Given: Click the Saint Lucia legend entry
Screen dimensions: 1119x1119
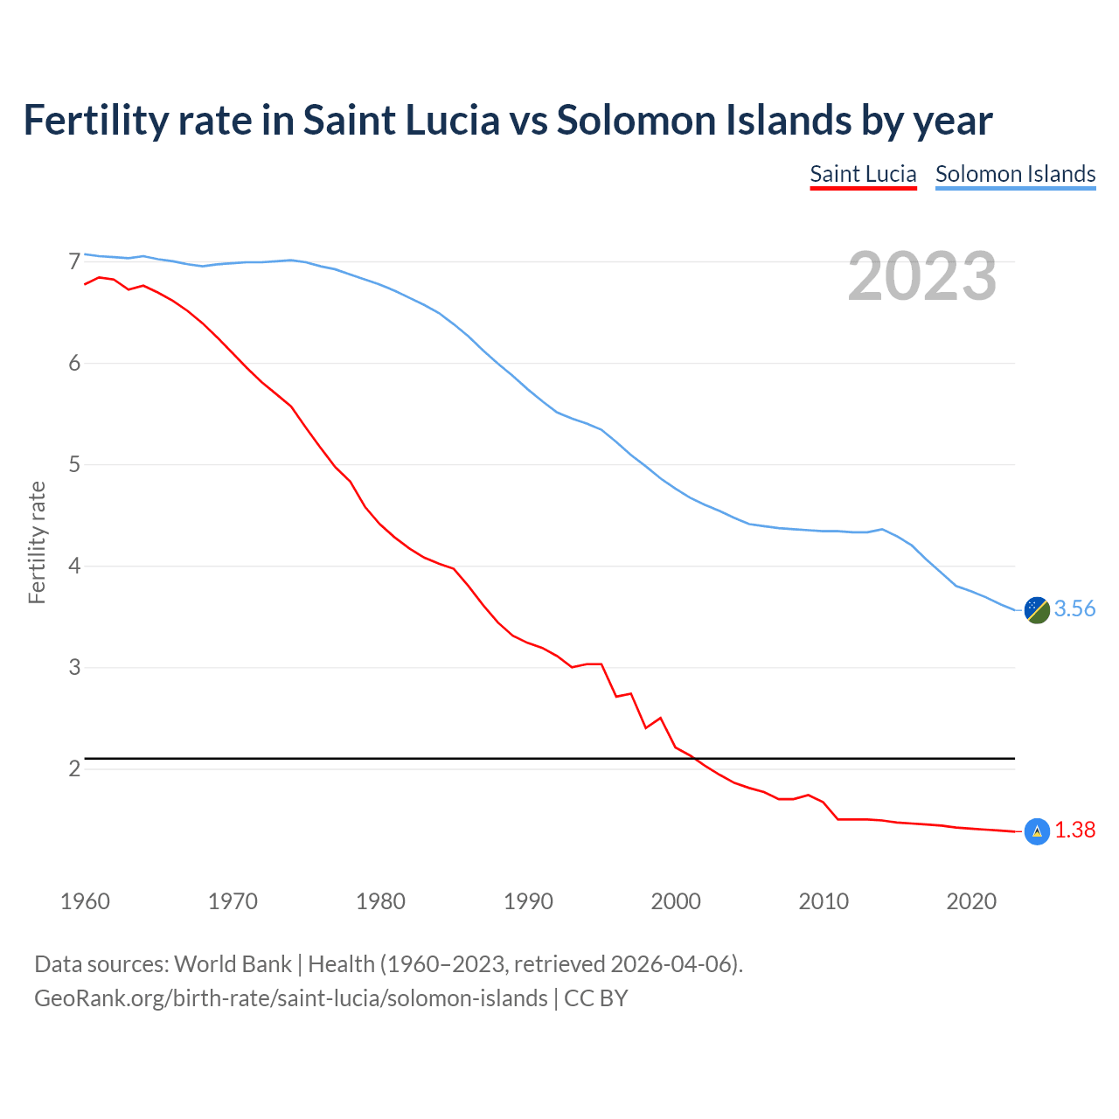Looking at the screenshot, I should pos(863,174).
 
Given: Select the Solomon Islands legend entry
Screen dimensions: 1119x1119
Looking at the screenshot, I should pos(1015,174).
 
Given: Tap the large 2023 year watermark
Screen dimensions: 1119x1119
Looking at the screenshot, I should pos(922,276).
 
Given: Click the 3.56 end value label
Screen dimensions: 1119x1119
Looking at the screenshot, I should pos(1074,609).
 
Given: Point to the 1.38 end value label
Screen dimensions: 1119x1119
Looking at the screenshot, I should pos(1074,831).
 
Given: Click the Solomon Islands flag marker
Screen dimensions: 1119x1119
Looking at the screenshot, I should pos(1037,610).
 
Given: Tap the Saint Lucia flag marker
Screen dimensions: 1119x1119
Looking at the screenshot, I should pos(1037,831).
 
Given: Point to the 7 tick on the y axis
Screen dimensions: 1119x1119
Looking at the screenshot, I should pos(74,262).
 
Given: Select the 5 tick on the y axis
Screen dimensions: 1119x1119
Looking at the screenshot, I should pos(74,465).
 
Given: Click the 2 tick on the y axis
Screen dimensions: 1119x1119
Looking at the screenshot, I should pos(74,769).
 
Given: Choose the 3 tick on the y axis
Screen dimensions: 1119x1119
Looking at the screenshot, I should pos(74,668).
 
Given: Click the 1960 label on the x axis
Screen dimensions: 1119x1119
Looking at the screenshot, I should pos(85,901).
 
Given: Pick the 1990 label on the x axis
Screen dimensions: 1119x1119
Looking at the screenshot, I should pos(528,901).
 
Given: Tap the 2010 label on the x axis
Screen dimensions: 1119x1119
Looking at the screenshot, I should pos(824,901).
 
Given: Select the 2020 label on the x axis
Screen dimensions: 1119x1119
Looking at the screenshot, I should pos(971,901).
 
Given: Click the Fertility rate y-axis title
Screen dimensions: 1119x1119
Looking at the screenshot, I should pos(37,542).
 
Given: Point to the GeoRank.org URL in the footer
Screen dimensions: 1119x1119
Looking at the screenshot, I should pos(290,998).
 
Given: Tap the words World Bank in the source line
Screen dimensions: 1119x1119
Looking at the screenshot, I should pos(233,964).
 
